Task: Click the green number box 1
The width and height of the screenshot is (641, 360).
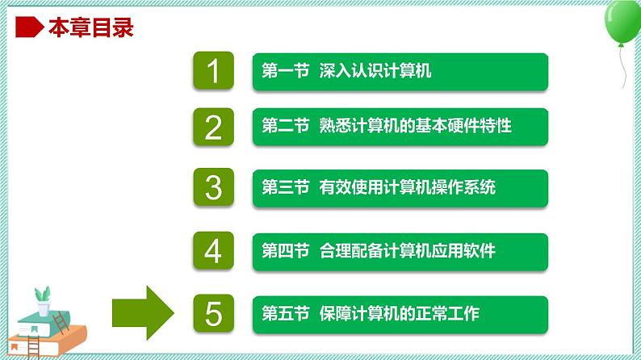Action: pyautogui.click(x=213, y=72)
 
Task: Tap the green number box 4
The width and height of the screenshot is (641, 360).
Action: pyautogui.click(x=213, y=252)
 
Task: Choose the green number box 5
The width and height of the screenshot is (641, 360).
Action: pyautogui.click(x=213, y=314)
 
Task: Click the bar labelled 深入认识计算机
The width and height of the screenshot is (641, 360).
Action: pyautogui.click(x=400, y=72)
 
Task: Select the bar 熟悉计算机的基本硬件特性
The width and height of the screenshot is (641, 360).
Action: pyautogui.click(x=400, y=128)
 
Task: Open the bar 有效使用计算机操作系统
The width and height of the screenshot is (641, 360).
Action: pyautogui.click(x=400, y=189)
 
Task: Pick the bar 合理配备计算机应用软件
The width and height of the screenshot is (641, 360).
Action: pyautogui.click(x=400, y=252)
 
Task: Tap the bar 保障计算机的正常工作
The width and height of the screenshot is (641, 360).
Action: pyautogui.click(x=400, y=314)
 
